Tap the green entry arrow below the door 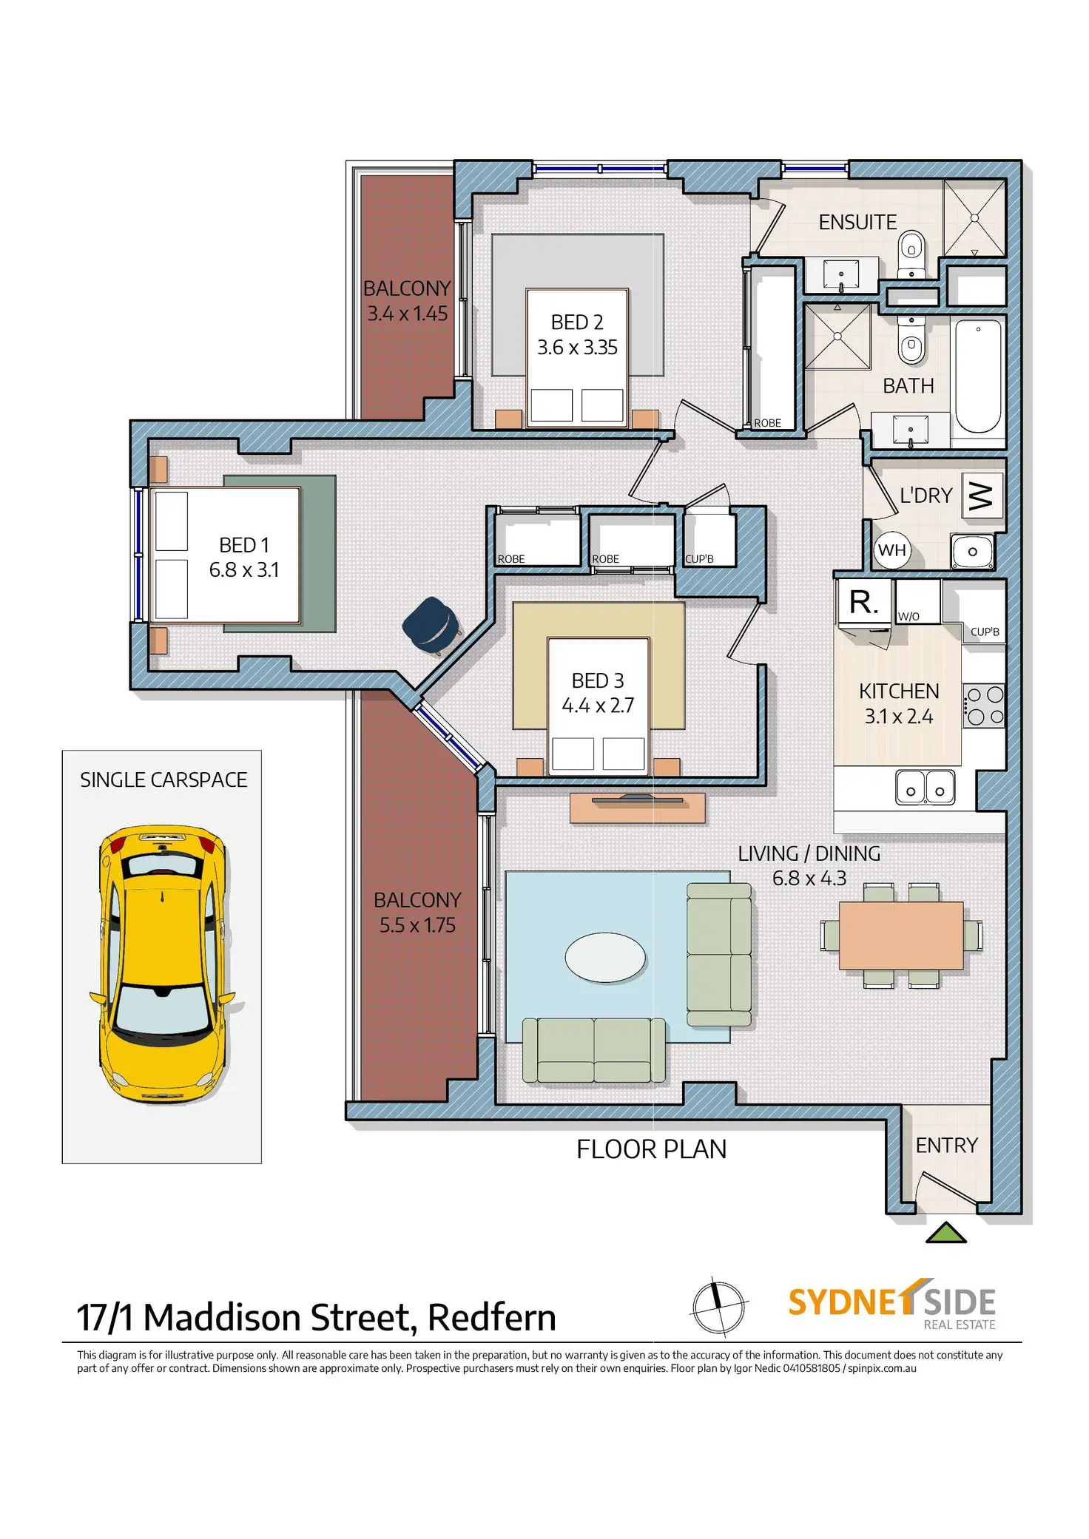click(x=946, y=1233)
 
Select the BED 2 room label click(x=577, y=322)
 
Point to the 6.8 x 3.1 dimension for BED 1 click(x=244, y=570)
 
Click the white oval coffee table click(x=604, y=958)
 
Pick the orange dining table click(x=901, y=935)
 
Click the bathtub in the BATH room click(x=978, y=375)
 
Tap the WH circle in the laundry click(x=892, y=550)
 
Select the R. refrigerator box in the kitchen click(x=865, y=603)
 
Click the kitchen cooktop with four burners click(x=983, y=706)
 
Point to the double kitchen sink click(x=925, y=788)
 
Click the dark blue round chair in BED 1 click(x=430, y=625)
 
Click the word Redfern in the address click(x=492, y=1318)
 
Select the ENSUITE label click(x=857, y=222)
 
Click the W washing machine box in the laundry click(x=982, y=495)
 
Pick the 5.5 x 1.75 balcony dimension click(x=417, y=925)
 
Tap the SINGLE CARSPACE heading click(x=163, y=779)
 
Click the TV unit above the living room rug click(x=637, y=807)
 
